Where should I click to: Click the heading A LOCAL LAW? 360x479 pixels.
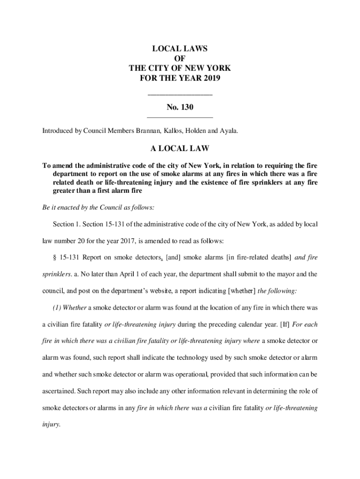(180, 149)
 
